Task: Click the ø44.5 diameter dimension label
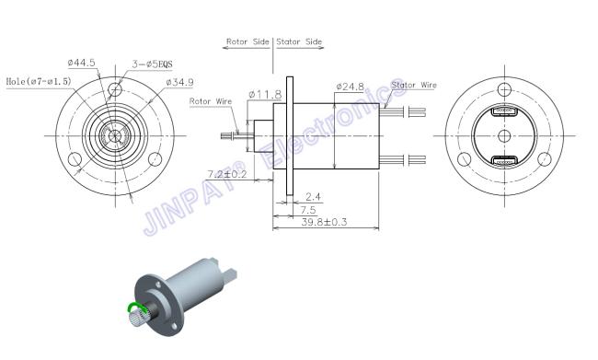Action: pyautogui.click(x=82, y=63)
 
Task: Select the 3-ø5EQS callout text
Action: pyautogui.click(x=152, y=64)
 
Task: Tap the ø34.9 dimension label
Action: pyautogui.click(x=179, y=82)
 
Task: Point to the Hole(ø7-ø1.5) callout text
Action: pyautogui.click(x=39, y=81)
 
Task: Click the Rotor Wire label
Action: pyautogui.click(x=211, y=101)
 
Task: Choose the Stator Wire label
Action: pyautogui.click(x=414, y=85)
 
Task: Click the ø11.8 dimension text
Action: pyautogui.click(x=265, y=94)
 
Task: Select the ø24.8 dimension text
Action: pyautogui.click(x=351, y=87)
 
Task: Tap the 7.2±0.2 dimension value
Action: pyautogui.click(x=227, y=174)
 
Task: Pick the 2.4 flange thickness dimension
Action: pyautogui.click(x=313, y=197)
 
